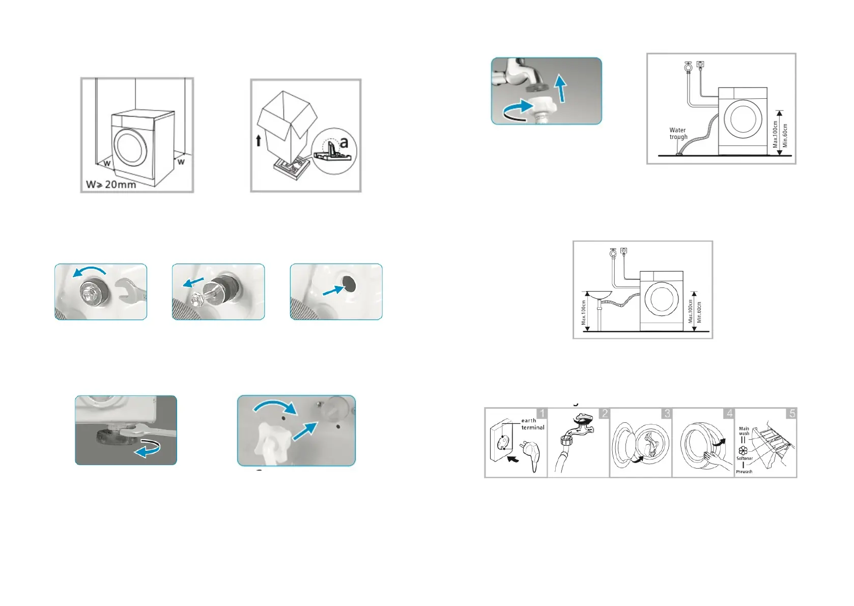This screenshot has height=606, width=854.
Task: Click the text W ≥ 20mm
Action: (111, 184)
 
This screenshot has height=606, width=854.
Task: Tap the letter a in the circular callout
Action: (344, 142)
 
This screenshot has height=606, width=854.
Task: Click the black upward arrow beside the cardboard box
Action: (259, 139)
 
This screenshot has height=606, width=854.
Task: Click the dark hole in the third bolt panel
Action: (349, 283)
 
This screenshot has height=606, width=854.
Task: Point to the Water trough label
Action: (678, 133)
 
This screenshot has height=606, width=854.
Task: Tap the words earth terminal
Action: (532, 424)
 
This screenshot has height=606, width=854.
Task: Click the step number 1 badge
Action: (542, 414)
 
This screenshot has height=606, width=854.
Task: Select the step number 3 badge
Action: (667, 414)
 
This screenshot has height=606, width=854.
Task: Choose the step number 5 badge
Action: (791, 414)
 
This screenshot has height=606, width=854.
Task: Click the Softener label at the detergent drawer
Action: (744, 458)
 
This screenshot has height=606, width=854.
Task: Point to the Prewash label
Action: (744, 472)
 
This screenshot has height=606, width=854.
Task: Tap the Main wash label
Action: (744, 431)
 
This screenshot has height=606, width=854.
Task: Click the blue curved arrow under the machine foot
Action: (147, 449)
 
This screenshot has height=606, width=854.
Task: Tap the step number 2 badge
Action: (604, 414)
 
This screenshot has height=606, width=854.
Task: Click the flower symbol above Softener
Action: (743, 450)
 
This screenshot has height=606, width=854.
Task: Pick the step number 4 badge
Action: (729, 414)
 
